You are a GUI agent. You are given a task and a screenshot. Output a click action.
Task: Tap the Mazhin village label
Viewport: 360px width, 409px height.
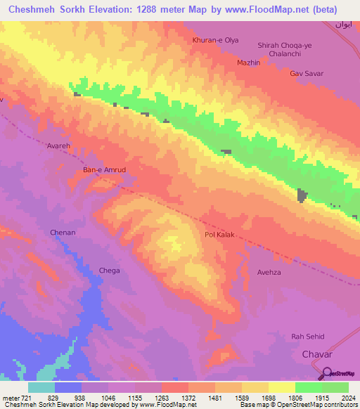click(x=248, y=63)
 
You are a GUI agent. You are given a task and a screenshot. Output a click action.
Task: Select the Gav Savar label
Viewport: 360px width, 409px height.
click(x=306, y=73)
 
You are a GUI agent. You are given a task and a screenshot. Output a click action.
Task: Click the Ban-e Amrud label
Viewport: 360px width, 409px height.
click(x=103, y=170)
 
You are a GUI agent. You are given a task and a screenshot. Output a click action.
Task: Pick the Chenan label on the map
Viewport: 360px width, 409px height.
click(x=62, y=233)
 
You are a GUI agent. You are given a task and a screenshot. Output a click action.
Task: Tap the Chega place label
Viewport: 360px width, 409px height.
click(x=109, y=271)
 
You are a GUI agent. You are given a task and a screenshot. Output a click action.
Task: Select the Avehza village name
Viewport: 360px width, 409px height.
click(x=269, y=272)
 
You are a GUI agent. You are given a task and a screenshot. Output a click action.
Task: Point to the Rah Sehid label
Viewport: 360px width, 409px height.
click(x=307, y=337)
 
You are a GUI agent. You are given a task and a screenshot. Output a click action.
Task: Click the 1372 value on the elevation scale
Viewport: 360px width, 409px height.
click(x=188, y=398)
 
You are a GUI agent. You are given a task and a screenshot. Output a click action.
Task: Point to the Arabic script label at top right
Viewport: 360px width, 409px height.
click(x=342, y=25)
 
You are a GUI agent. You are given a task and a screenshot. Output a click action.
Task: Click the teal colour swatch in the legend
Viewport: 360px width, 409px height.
click(x=41, y=387)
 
